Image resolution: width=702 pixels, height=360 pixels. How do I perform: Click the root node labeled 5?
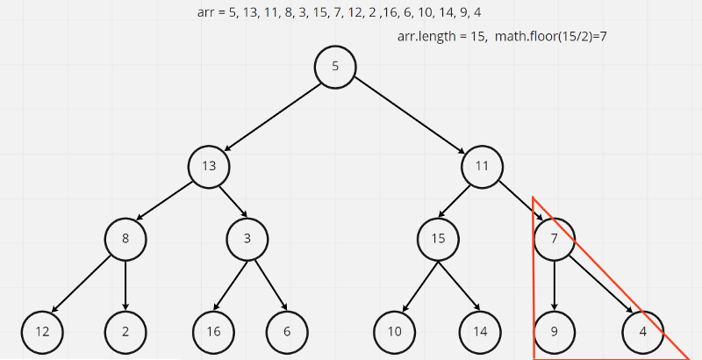(x=335, y=67)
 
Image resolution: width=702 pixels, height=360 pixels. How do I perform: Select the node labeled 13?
(x=209, y=165)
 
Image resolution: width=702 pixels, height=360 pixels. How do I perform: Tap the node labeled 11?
(x=482, y=165)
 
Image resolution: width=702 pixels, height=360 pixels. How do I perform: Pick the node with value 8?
(x=125, y=238)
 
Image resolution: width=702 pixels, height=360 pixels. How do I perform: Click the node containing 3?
(x=247, y=238)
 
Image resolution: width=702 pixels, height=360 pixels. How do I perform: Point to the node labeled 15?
(x=439, y=238)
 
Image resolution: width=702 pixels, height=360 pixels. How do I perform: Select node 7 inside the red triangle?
(x=555, y=238)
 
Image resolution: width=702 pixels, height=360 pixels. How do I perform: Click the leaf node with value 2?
(x=125, y=331)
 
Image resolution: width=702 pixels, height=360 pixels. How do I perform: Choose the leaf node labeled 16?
(x=213, y=331)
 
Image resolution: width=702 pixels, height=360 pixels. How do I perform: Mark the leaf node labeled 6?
(x=287, y=331)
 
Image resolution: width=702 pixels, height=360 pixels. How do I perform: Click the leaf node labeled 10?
(x=395, y=331)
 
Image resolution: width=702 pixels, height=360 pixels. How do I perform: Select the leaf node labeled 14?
(x=479, y=331)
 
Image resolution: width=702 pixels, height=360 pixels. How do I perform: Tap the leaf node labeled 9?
(x=555, y=331)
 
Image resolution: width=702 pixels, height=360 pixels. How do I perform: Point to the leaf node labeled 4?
(x=642, y=331)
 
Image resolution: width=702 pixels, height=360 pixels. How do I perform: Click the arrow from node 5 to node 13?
(x=272, y=116)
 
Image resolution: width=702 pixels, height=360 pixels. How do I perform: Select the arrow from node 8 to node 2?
(x=125, y=284)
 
